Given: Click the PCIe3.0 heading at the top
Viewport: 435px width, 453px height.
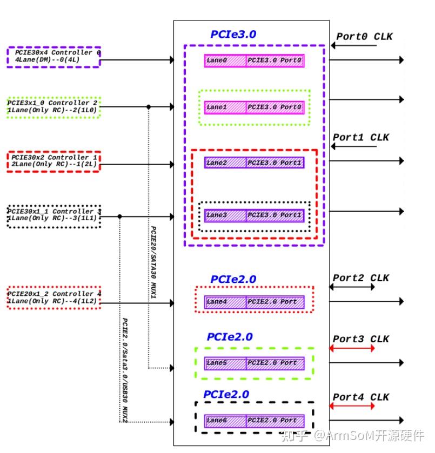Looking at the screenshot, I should (233, 35).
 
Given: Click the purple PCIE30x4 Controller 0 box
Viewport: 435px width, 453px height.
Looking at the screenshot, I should (53, 57).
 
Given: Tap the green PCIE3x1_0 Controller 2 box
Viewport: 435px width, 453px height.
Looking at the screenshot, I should (53, 106).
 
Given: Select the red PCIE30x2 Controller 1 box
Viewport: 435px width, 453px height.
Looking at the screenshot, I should (53, 161).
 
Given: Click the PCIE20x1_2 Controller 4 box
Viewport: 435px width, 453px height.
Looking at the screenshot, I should (53, 298).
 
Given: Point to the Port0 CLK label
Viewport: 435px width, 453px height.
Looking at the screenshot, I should (364, 37).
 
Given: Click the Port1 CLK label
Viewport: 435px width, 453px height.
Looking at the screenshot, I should (360, 137).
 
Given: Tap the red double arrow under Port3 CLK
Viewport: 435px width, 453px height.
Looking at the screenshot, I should (352, 349).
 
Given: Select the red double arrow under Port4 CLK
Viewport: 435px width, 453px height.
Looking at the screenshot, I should (352, 406).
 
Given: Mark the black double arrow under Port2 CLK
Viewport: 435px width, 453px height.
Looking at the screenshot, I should (352, 287).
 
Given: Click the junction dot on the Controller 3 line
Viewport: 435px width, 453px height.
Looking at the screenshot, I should (119, 217).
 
